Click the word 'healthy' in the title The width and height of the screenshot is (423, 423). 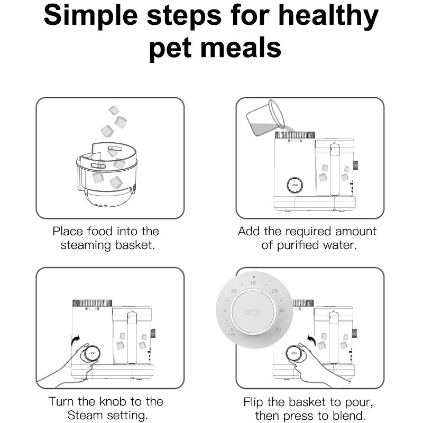pos(328,17)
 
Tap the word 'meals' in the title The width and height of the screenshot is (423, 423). pos(241,48)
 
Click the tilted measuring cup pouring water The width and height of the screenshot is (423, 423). pos(265,117)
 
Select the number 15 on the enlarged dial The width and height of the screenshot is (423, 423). pos(253,283)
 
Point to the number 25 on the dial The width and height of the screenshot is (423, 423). pos(282,310)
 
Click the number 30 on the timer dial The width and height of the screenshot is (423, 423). pos(278,329)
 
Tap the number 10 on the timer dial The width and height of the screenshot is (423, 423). pos(233,291)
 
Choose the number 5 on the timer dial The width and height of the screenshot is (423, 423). pos(224,310)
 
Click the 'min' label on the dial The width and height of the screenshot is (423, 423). pos(232,335)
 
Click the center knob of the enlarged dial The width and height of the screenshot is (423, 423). pos(253,312)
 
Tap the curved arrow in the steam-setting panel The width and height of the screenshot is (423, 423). pos(76,341)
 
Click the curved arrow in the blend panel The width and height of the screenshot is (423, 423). pos(312,341)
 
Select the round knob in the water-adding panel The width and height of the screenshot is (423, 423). pos(295,186)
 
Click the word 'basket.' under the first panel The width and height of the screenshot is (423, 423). pos(135,245)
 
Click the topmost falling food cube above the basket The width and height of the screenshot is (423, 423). pos(114,110)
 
